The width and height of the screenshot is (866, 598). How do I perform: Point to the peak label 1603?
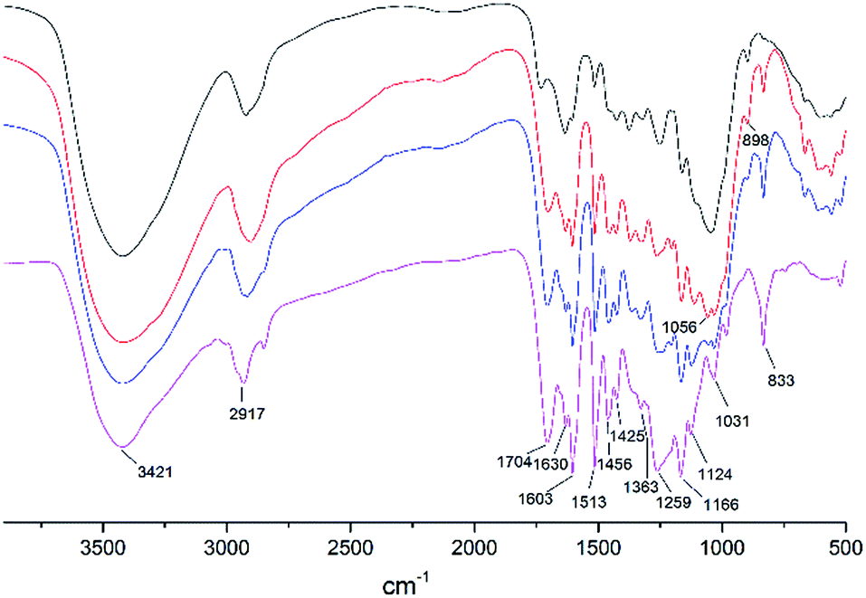click(x=537, y=498)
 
